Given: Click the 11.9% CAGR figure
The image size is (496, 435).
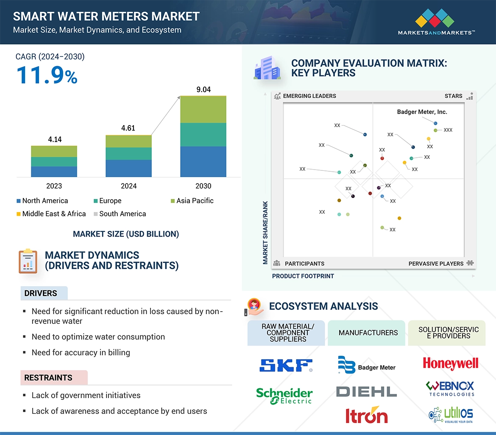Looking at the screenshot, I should pos(47,75).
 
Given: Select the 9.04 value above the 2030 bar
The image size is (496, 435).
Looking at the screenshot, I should pos(203,89).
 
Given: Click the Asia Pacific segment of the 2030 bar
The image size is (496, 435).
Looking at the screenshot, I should pos(203,109).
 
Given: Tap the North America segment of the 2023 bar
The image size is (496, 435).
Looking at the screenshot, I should pos(54,171).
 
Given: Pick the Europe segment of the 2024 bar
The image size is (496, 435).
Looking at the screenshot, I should pos(128,153).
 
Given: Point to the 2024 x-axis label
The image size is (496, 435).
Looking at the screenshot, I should pos(128,186).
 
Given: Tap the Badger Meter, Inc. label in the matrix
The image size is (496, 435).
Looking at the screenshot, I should pos(422,112).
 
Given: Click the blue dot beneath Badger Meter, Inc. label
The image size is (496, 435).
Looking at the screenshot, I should pos(435,123).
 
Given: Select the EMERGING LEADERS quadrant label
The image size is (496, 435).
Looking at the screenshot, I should pos(309,96).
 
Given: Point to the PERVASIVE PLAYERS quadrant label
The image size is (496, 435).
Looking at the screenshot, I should pos(436,263).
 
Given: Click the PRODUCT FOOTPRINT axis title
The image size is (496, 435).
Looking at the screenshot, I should pos(303,276).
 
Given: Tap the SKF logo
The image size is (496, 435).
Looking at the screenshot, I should pos(286,365).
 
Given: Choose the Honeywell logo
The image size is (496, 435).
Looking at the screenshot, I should pos(450,364).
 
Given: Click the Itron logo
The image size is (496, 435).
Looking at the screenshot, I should pos(366,415).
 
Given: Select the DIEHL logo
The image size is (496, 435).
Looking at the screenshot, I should pos(366,391).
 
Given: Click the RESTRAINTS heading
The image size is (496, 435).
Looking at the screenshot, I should pos(48,377).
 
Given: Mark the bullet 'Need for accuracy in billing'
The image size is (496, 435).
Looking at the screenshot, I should pos(81,352).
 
